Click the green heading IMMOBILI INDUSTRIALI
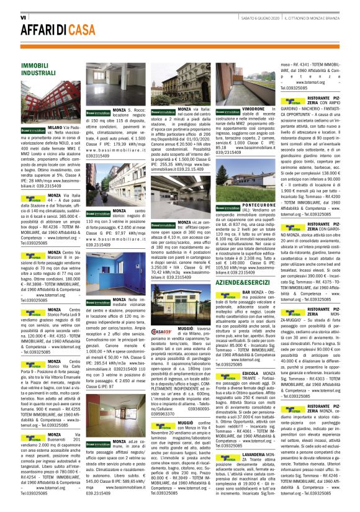coord(38,69)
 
